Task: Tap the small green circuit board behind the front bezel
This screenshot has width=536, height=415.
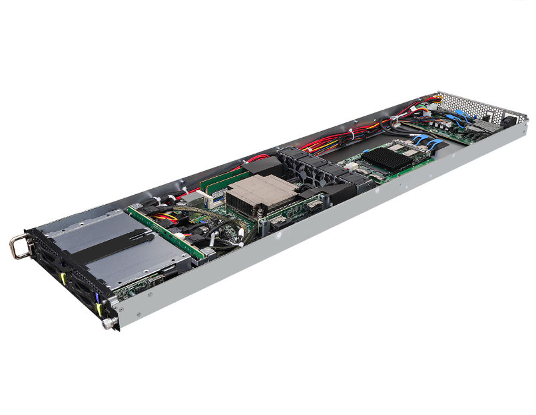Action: [x=133, y=286]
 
